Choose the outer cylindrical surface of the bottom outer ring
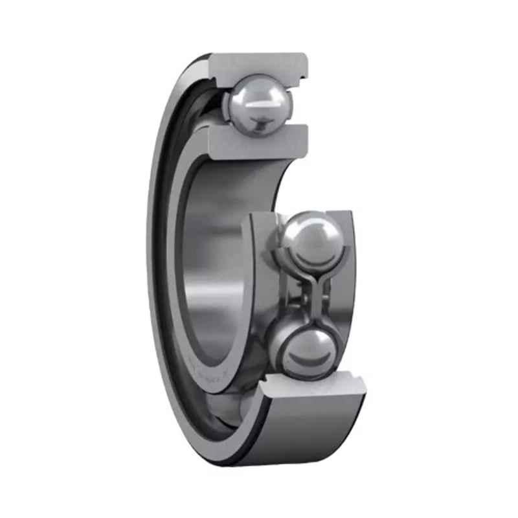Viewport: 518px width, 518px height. (311, 434)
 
